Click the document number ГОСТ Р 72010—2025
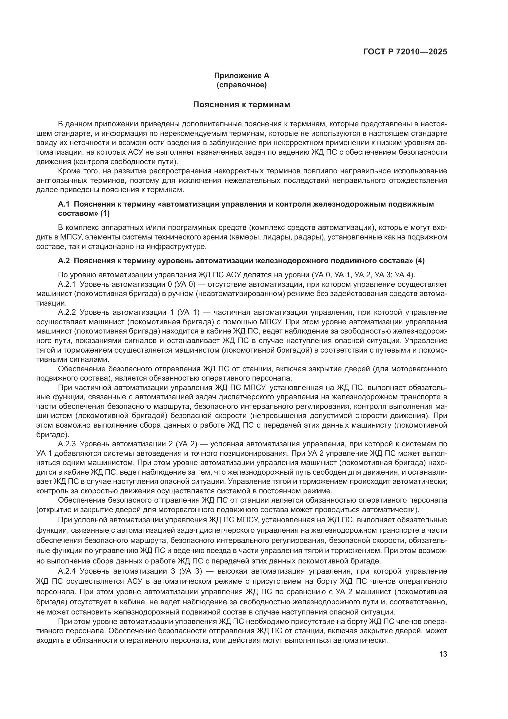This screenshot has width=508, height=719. click(x=405, y=52)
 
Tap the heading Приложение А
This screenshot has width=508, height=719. click(x=241, y=76)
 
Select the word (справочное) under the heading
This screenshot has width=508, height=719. click(x=241, y=85)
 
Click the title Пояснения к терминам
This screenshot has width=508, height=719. click(x=241, y=105)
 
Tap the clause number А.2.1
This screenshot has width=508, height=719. click(x=67, y=284)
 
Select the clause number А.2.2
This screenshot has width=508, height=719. click(x=67, y=313)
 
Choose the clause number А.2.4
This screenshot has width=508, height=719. click(x=67, y=571)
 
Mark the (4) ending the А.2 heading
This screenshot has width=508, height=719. click(x=420, y=261)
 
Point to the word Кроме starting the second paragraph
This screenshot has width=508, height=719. click(x=67, y=171)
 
